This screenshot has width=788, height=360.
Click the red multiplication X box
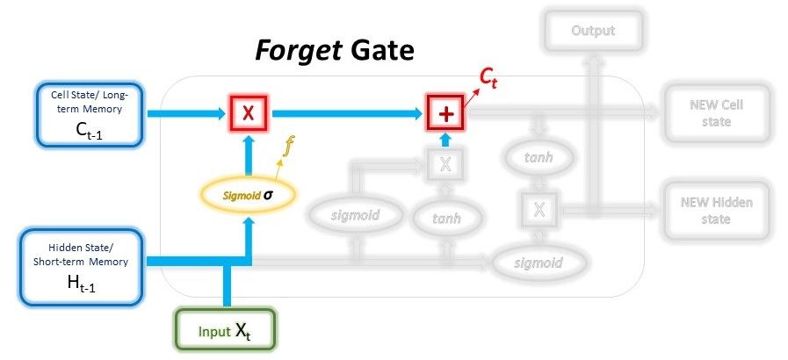(249, 112)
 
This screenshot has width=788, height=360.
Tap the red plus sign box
(445, 112)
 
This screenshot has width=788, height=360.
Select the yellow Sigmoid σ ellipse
(250, 192)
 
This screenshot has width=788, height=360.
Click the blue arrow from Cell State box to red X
(184, 112)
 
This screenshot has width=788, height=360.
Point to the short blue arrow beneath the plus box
(445, 140)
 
